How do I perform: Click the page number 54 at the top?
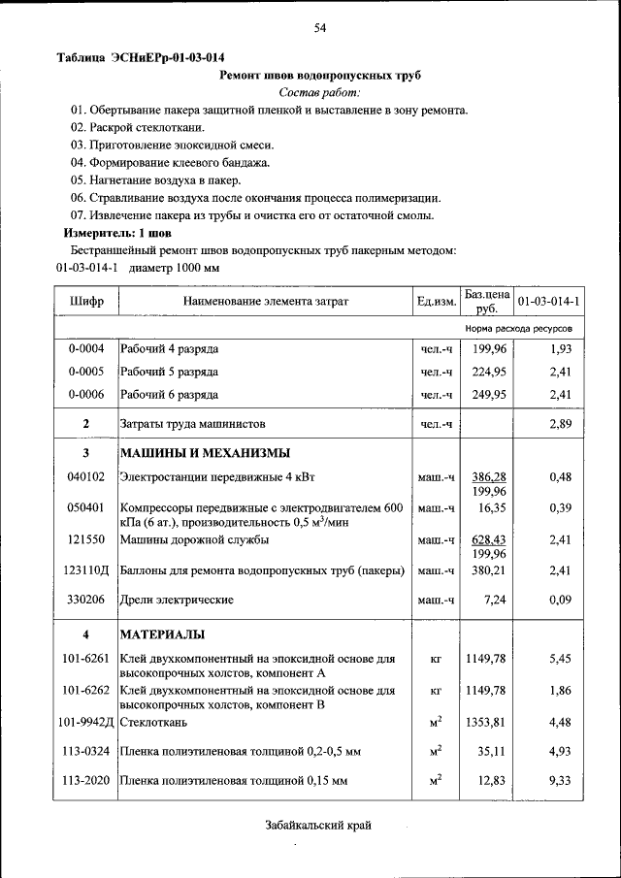319,29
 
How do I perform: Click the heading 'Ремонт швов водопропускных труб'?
320,75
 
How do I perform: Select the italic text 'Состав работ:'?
319,92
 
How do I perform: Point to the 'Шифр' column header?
86,302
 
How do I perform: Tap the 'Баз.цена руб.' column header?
486,301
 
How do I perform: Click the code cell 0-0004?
86,348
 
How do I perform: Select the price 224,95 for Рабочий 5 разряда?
489,372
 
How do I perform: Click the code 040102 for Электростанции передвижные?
86,477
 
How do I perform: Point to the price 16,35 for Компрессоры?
489,508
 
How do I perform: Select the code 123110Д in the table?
87,571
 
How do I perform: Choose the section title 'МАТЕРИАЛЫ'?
162,635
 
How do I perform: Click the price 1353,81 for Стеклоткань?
488,722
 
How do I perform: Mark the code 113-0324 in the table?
86,751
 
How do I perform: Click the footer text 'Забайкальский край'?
318,826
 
